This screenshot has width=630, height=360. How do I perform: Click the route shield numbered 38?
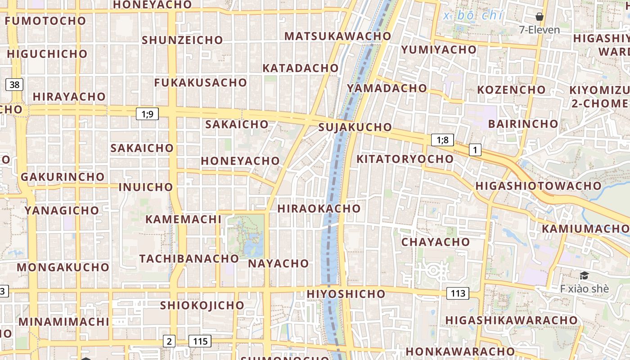click(x=15, y=85)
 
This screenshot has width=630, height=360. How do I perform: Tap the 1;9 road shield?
click(x=147, y=114)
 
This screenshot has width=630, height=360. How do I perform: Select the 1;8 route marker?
click(x=442, y=140)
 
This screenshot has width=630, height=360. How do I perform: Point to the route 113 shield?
click(x=458, y=294)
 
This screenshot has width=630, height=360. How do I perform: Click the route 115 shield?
click(x=200, y=341)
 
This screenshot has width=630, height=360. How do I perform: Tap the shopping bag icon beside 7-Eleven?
click(x=540, y=17)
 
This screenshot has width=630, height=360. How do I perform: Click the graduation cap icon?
click(x=584, y=276)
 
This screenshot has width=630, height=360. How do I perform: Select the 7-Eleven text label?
click(x=539, y=30)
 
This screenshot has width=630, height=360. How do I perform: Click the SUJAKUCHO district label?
click(x=355, y=127)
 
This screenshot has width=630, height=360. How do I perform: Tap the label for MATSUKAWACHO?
click(x=338, y=36)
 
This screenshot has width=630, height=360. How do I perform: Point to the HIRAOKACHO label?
click(x=319, y=209)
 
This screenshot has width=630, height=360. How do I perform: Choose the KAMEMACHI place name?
click(x=183, y=220)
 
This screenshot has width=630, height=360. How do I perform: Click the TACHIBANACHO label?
click(x=189, y=259)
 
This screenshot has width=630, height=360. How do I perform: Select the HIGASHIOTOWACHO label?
click(x=538, y=186)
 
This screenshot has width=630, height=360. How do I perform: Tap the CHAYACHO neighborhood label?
click(x=435, y=242)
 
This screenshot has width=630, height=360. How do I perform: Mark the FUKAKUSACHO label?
click(x=200, y=83)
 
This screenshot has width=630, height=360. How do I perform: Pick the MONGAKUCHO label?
click(x=63, y=267)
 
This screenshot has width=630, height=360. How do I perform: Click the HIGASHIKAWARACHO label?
click(x=511, y=320)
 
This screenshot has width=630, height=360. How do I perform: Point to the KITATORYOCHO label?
click(x=405, y=159)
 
